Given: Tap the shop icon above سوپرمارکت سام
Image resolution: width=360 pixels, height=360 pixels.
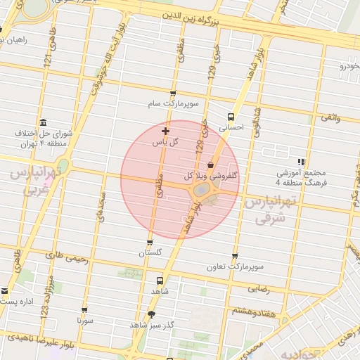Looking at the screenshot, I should [173, 94].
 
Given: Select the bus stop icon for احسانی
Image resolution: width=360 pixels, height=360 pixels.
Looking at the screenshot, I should [231, 117].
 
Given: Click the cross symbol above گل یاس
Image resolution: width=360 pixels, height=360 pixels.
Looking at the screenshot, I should [165, 131].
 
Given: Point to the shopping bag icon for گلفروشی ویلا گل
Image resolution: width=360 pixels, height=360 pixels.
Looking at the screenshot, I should [210, 164].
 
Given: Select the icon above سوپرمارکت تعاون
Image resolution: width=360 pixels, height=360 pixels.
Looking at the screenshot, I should [235, 257].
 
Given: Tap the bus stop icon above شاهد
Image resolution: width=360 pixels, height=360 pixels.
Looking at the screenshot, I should [160, 280].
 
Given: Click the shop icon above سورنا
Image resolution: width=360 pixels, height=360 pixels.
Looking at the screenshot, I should [85, 309].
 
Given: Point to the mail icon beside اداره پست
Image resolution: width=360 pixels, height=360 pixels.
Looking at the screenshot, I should [5, 291].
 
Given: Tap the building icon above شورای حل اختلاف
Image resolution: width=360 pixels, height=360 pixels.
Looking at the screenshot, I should [44, 122].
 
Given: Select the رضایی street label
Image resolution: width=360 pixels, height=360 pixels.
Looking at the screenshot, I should [257, 288].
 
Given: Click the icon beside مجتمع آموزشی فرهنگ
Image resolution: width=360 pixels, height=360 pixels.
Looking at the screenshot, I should [301, 162].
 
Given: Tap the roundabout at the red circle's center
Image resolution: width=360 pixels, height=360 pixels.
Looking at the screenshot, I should [202, 191].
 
